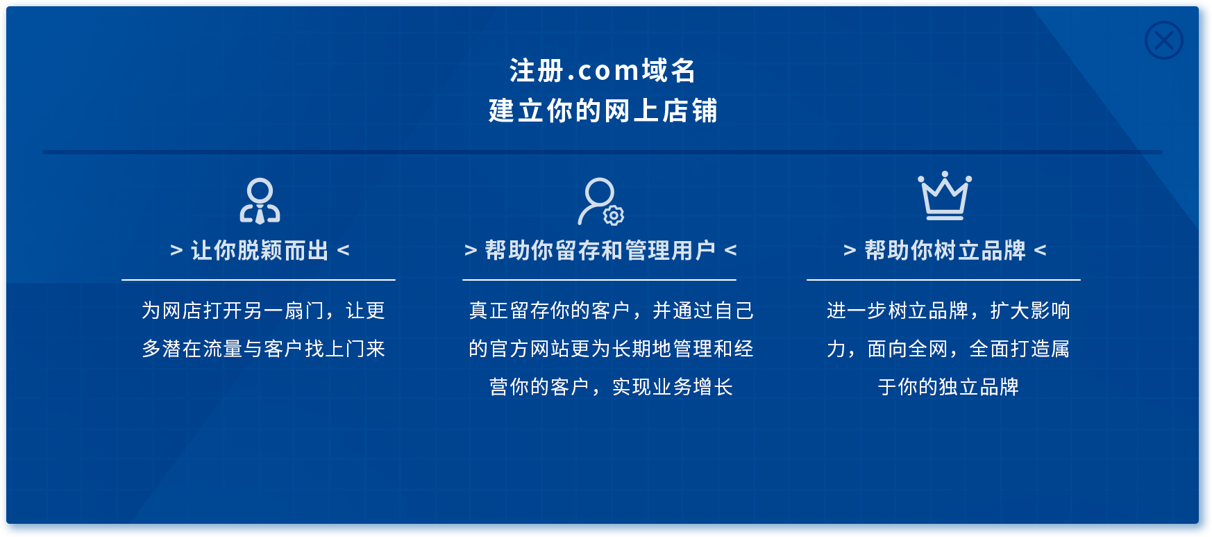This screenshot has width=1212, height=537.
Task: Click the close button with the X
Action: [x=1164, y=40]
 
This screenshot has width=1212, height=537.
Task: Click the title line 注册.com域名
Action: [x=603, y=70]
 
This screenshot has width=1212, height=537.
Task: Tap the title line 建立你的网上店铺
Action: [x=603, y=110]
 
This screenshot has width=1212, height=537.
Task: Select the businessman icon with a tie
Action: [x=260, y=201]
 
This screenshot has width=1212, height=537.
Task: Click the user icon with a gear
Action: [x=601, y=201]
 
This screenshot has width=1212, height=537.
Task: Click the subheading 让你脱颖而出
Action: [x=260, y=250]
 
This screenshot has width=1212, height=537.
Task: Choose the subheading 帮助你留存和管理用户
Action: [x=600, y=250]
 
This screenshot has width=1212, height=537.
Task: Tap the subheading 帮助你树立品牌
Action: [x=945, y=250]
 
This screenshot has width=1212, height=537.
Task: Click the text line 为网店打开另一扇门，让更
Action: [x=263, y=311]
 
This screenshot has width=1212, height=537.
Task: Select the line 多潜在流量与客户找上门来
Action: [x=263, y=349]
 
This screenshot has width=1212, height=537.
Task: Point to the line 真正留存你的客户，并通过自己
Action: [x=611, y=311]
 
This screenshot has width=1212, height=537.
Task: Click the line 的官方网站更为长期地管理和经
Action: [x=611, y=349]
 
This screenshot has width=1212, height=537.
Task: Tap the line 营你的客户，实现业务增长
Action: [x=611, y=387]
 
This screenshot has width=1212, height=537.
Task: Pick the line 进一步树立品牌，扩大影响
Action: [x=948, y=311]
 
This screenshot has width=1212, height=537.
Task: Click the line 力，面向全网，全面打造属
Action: [x=948, y=349]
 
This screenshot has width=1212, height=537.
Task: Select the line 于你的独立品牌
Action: [x=948, y=387]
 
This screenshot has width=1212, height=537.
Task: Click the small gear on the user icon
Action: [x=614, y=215]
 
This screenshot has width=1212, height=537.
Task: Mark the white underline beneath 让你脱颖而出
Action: [x=258, y=280]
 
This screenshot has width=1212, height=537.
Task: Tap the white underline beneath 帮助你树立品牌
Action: [x=943, y=280]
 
